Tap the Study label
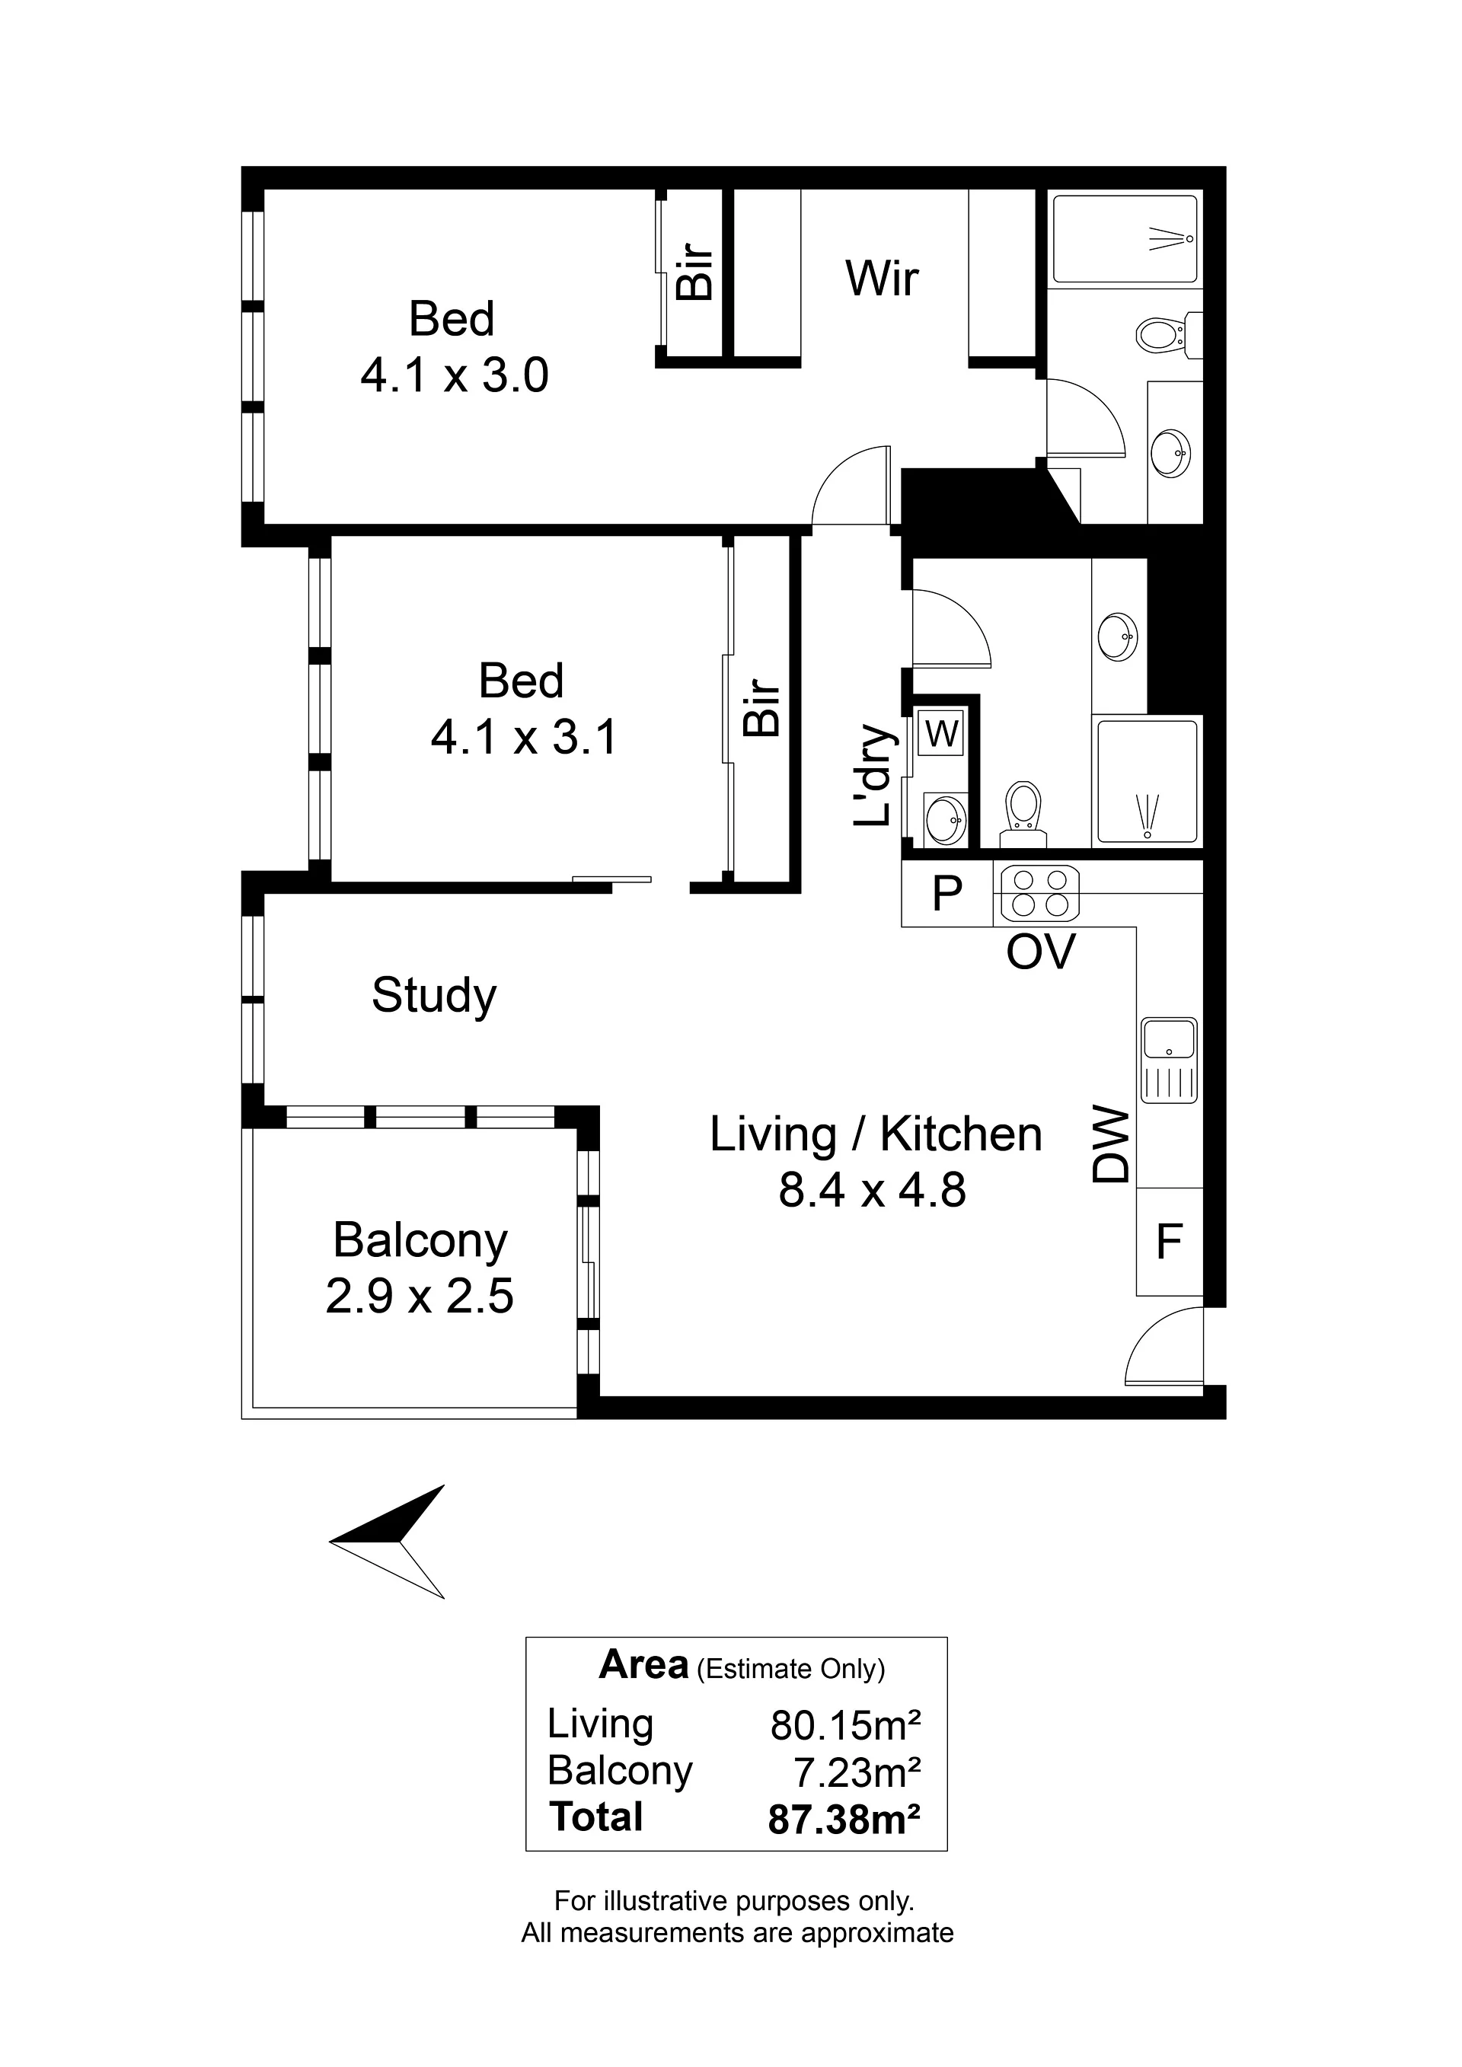pos(434,996)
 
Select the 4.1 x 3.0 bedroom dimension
pos(455,375)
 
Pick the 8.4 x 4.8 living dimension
pos(873,1189)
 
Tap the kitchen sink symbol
pos(1169,1061)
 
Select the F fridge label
pos(1169,1242)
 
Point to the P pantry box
pos(947,893)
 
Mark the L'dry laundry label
pos(873,775)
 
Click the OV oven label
pos(1041,952)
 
